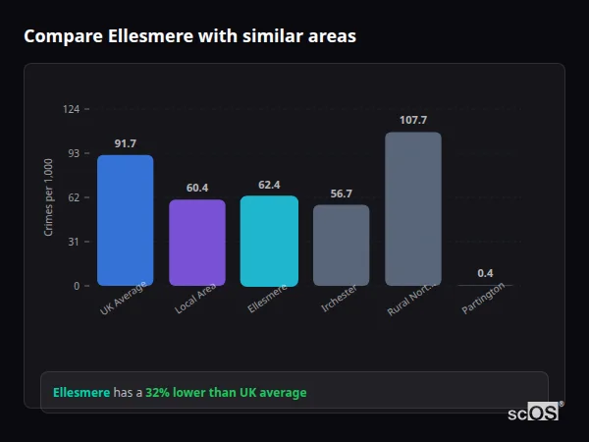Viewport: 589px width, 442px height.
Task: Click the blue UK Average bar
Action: pyautogui.click(x=125, y=220)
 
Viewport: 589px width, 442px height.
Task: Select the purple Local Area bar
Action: pyautogui.click(x=197, y=243)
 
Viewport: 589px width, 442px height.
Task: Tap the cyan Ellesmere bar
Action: pyautogui.click(x=269, y=241)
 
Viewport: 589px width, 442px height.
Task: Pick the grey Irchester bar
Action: pyautogui.click(x=341, y=246)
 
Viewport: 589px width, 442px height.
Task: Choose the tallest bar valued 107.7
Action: pyautogui.click(x=413, y=208)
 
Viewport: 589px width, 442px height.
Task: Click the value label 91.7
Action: pyautogui.click(x=125, y=143)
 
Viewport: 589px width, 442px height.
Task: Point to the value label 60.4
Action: pyautogui.click(x=197, y=188)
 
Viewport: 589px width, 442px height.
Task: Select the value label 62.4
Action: pyautogui.click(x=269, y=185)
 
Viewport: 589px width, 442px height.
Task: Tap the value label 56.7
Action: pyautogui.click(x=341, y=193)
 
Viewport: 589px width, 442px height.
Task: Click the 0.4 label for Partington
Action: pyautogui.click(x=485, y=273)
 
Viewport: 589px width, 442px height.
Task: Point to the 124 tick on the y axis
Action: pyautogui.click(x=71, y=109)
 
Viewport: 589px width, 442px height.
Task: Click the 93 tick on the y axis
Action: pyautogui.click(x=73, y=153)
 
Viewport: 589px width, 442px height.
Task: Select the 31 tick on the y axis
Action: pyautogui.click(x=73, y=242)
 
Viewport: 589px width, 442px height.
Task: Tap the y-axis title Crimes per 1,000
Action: pyautogui.click(x=48, y=197)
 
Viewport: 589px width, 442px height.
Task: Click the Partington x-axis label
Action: pyautogui.click(x=484, y=298)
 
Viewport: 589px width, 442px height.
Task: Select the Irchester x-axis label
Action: pyautogui.click(x=340, y=299)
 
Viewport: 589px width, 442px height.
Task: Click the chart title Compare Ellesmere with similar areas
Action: pyautogui.click(x=189, y=36)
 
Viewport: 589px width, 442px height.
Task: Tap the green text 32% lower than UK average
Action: pyautogui.click(x=226, y=393)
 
